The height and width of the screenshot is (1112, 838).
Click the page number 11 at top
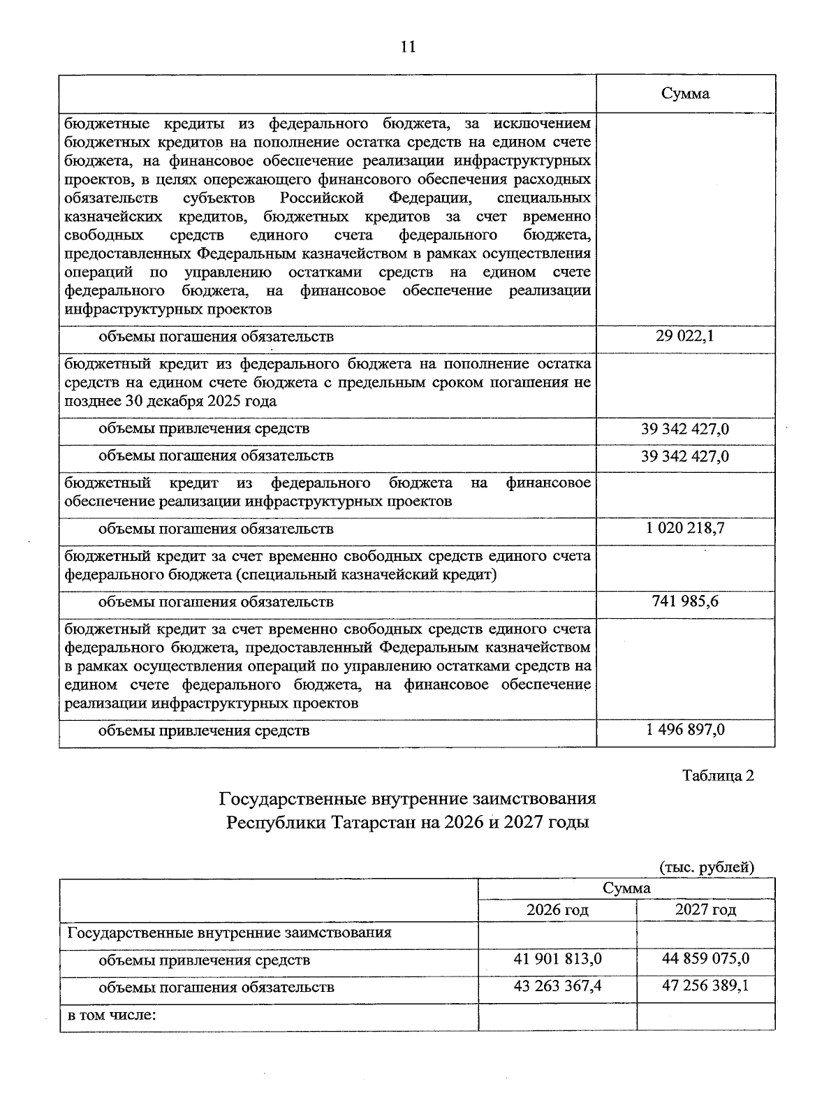click(x=408, y=47)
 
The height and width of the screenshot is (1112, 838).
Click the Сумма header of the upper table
click(x=685, y=94)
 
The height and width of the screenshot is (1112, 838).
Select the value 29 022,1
click(x=685, y=337)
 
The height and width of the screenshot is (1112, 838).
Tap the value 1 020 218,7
click(x=685, y=528)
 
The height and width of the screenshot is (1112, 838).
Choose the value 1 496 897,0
click(x=685, y=730)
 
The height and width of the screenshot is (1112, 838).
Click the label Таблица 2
click(x=718, y=775)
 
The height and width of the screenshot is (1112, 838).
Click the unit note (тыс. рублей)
click(x=707, y=867)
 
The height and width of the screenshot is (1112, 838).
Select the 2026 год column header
click(x=557, y=909)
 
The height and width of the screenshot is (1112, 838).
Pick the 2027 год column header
click(x=705, y=909)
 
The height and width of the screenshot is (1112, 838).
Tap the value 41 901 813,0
click(x=557, y=959)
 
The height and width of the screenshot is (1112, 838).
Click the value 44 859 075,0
click(x=705, y=959)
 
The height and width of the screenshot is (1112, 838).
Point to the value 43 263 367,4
click(x=557, y=986)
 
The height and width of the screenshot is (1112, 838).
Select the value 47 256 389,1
click(x=705, y=986)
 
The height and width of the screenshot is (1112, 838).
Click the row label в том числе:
click(x=111, y=1014)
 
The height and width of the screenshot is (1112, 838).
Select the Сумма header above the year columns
click(x=626, y=888)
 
